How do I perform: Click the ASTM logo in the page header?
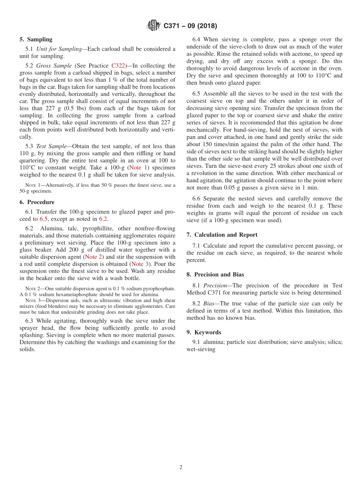[x=154, y=26]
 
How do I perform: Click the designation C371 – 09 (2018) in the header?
[x=190, y=26]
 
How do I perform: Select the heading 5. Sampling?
[x=36, y=40]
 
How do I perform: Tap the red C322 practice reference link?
[x=118, y=65]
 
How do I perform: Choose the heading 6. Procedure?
[x=37, y=202]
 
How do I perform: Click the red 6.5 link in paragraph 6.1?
[x=44, y=219]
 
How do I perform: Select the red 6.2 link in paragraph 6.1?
[x=103, y=219]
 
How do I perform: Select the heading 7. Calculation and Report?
[x=222, y=235]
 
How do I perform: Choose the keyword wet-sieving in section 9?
[x=200, y=349]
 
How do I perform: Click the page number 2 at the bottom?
[x=181, y=468]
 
